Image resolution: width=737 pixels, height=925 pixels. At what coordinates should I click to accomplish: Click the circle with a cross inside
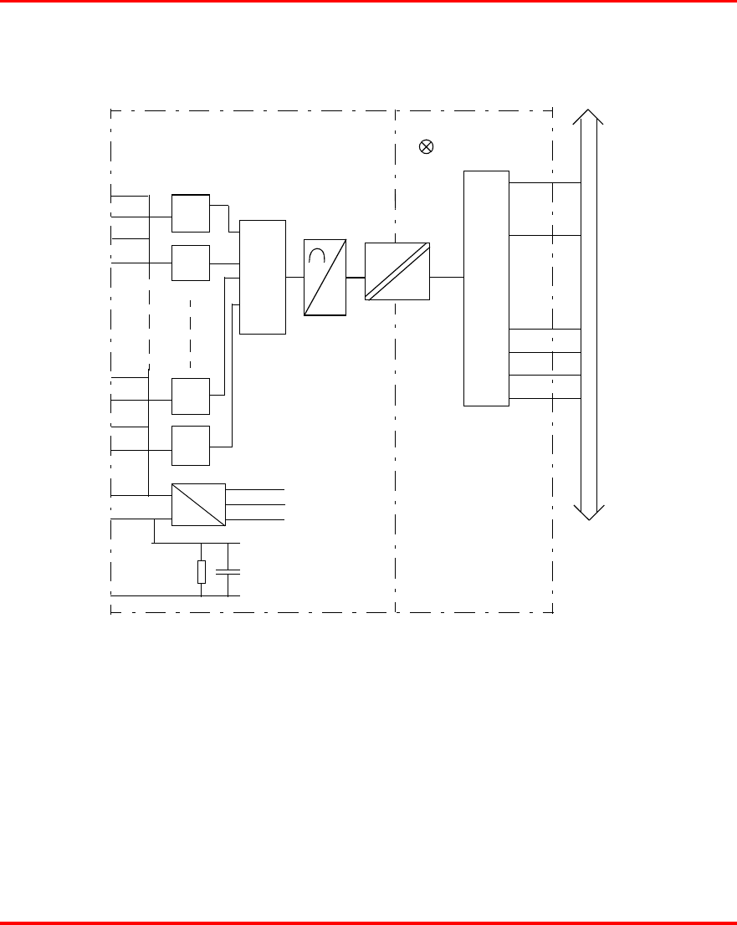point(426,147)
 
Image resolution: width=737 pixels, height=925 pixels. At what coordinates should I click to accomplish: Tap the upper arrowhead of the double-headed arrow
point(589,118)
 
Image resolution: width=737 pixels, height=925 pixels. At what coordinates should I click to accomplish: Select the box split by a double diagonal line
point(397,271)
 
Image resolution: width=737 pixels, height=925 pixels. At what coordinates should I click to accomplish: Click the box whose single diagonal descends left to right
point(198,504)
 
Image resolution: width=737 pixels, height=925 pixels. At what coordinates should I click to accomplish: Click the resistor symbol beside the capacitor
point(202,572)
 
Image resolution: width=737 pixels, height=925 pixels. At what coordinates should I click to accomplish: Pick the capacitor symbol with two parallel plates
point(228,572)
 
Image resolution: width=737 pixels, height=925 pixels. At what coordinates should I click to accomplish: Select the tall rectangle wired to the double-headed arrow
point(486,288)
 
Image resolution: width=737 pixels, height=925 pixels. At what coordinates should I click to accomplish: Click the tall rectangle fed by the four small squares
point(263,277)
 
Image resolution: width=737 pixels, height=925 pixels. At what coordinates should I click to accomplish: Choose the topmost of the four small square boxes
point(191,212)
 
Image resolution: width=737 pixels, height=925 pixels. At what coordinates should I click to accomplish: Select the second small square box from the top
point(191,263)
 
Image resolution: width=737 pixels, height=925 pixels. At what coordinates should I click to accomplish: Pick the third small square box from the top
point(191,396)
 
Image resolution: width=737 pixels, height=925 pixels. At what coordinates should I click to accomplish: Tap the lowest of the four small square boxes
point(191,445)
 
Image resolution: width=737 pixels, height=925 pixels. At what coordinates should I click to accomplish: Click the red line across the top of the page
point(368,2)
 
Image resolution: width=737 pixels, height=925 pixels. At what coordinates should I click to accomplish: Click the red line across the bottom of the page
point(368,922)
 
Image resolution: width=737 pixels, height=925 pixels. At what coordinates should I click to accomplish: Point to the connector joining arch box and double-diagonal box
point(356,276)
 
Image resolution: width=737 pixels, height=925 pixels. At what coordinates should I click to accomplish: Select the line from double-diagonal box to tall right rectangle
point(447,276)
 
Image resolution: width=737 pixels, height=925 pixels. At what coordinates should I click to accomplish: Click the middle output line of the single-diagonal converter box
point(255,504)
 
